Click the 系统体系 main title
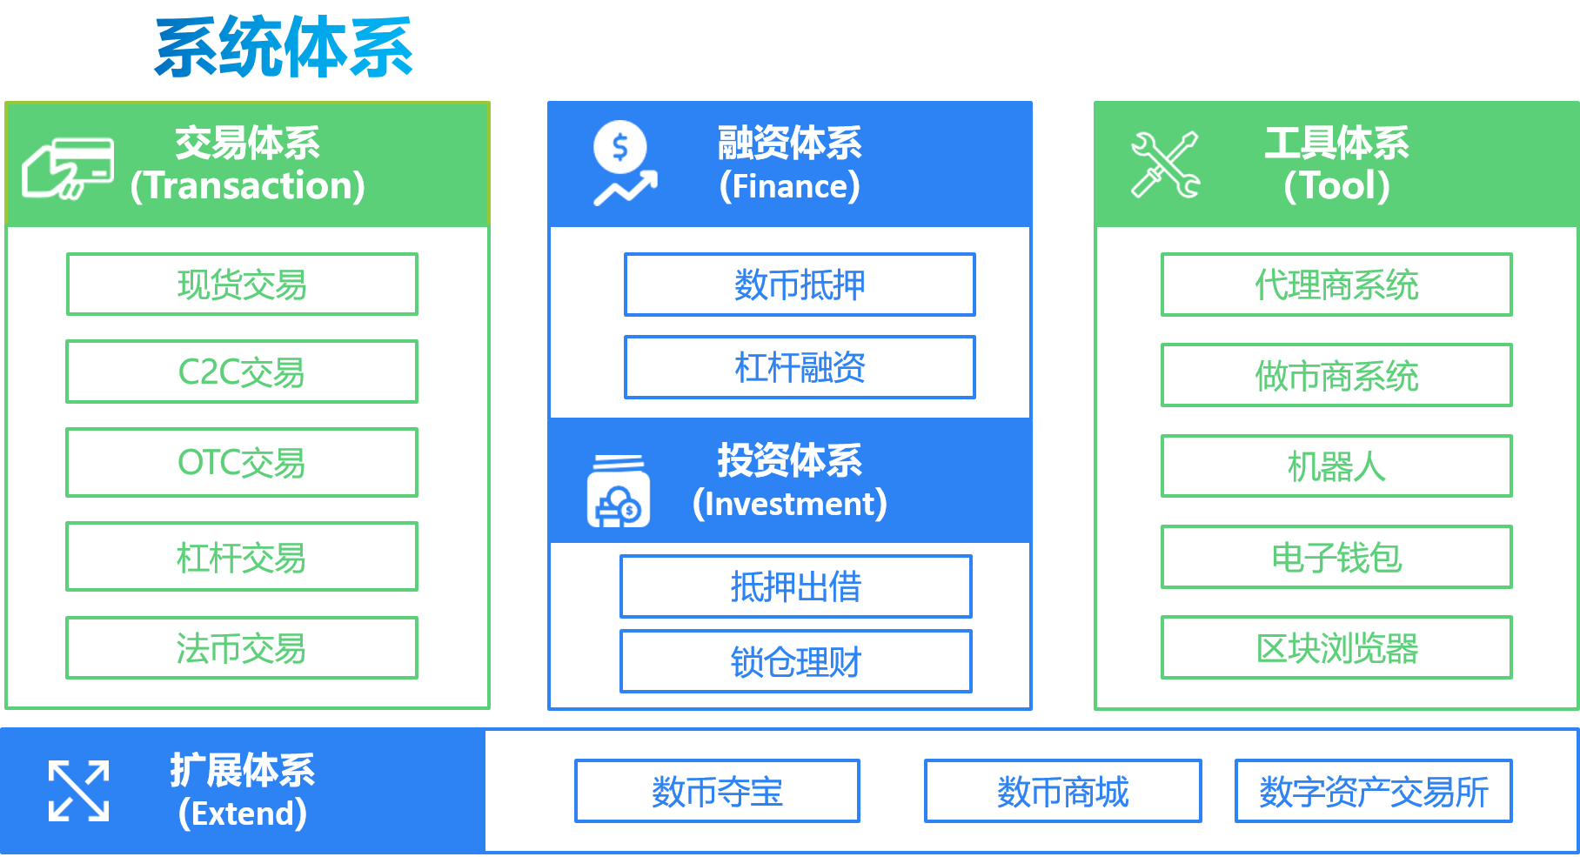pyautogui.click(x=284, y=49)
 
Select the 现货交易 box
pyautogui.click(x=242, y=285)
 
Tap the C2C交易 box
pyautogui.click(x=242, y=372)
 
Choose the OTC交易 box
pyautogui.click(x=242, y=462)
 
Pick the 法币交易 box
pyautogui.click(x=242, y=648)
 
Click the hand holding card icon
pyautogui.click(x=68, y=168)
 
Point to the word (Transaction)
pyautogui.click(x=248, y=186)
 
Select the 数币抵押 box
pyautogui.click(x=800, y=285)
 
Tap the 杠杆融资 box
pyautogui.click(x=800, y=367)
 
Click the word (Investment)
pyautogui.click(x=790, y=505)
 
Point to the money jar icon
pyautogui.click(x=618, y=492)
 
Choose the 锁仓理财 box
pyautogui.click(x=795, y=662)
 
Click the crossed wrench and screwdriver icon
pyautogui.click(x=1165, y=164)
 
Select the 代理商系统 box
pyautogui.click(x=1336, y=285)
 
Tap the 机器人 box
pyautogui.click(x=1336, y=466)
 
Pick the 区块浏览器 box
pyautogui.click(x=1336, y=648)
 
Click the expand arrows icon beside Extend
pyautogui.click(x=79, y=791)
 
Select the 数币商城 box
pyautogui.click(x=1062, y=791)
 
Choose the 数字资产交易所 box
pyautogui.click(x=1373, y=791)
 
